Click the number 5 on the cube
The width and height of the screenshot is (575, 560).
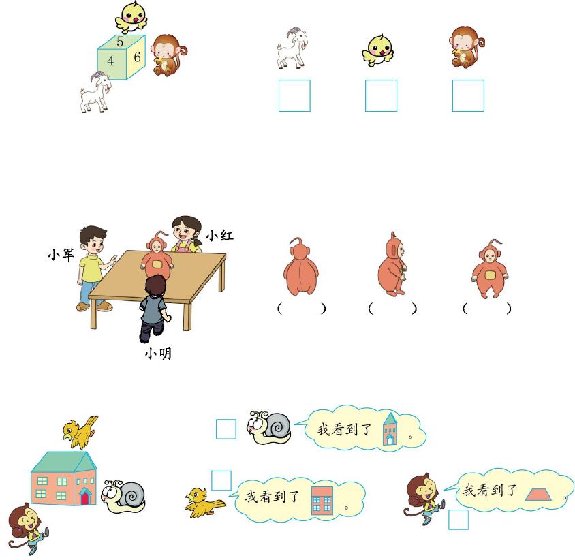120,42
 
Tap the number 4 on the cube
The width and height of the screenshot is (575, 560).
110,61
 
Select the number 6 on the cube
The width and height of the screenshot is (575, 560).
137,57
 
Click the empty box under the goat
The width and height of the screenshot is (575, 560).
294,95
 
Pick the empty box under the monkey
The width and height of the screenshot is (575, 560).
468,95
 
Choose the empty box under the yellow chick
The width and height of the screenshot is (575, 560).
381,95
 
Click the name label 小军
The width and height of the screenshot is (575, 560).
61,254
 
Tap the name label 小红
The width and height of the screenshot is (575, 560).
219,235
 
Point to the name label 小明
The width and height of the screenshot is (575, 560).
158,354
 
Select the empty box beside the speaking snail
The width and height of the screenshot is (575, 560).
226,429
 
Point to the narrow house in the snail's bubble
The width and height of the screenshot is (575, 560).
390,429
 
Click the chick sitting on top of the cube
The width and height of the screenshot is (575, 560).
131,18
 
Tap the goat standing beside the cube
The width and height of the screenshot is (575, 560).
95,92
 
